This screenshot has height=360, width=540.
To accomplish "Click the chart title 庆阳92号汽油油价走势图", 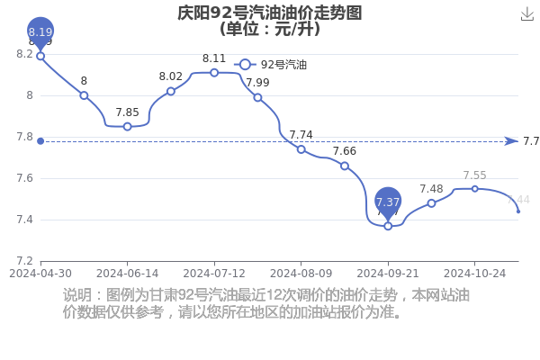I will pos(270,13).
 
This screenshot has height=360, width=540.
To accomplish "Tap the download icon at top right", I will pos(527,13).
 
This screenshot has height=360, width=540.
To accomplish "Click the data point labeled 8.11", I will pos(214,72).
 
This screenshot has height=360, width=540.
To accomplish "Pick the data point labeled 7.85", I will pos(127,126).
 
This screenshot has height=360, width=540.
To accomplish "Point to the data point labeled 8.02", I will pos(170,91).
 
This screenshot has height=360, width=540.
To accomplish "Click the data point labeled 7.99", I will pos(257,97).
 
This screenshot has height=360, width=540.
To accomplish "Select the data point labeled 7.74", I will pos(301,149).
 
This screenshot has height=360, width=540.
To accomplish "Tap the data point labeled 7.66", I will pos(344,166).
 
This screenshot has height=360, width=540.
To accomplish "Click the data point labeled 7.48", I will pos(431,203).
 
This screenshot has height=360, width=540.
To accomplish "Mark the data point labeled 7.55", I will pos(474,188).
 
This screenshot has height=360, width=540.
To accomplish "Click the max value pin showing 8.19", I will pos(40,32).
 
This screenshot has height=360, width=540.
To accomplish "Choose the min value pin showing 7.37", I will pos(388,202).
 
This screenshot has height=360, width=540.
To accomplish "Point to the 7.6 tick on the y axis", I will pos(23,178).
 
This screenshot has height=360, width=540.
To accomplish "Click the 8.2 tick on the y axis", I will pos(23,54).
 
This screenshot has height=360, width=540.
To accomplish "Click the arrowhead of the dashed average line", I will pos(511,141).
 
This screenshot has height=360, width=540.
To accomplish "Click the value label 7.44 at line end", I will pos(518,200).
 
